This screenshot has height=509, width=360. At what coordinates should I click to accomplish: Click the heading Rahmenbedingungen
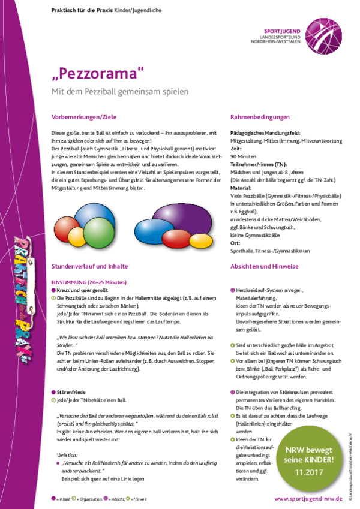point(259,115)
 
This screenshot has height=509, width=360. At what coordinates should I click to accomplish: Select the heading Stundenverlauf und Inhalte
point(89,265)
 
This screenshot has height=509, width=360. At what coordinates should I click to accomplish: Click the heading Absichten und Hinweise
point(265,265)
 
